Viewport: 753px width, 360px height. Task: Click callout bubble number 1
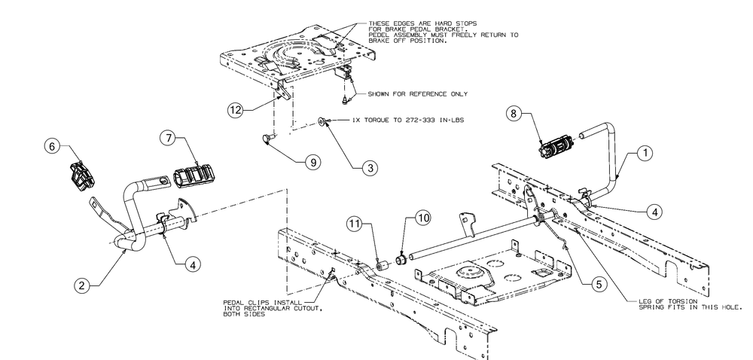click(x=644, y=152)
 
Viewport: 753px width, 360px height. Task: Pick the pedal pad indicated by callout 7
click(x=194, y=177)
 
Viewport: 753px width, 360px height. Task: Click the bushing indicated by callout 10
click(x=401, y=259)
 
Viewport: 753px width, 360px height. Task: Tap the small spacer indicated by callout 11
click(x=381, y=264)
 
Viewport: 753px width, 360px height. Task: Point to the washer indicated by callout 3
click(x=322, y=121)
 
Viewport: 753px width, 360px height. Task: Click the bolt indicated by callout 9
click(x=268, y=138)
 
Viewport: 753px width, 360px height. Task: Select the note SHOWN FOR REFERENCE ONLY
click(x=418, y=94)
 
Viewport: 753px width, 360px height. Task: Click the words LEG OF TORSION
click(x=663, y=302)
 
